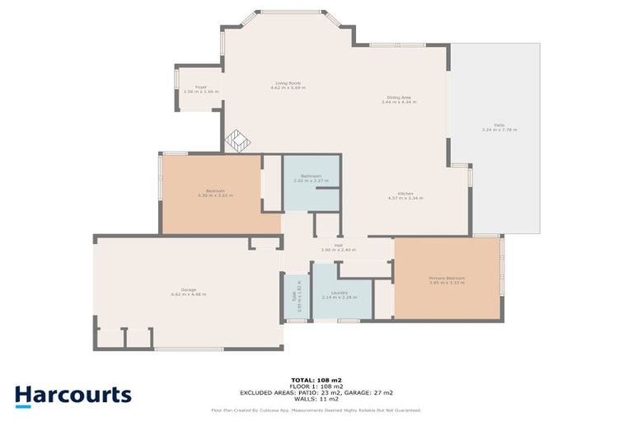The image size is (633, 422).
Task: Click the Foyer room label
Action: click(x=200, y=87)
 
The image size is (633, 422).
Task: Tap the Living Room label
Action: click(x=288, y=83)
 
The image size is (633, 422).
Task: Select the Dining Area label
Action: click(x=399, y=97)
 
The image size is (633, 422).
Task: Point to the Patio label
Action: click(x=499, y=124)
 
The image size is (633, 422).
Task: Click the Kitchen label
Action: click(x=404, y=195)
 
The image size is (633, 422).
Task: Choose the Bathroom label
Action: click(x=311, y=176)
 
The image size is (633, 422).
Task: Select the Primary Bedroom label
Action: click(x=447, y=279)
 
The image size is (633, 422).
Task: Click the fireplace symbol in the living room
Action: click(x=238, y=141)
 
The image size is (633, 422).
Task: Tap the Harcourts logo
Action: click(x=73, y=394)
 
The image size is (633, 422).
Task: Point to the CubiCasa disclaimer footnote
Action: click(x=316, y=410)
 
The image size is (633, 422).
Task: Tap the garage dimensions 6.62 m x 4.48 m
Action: click(x=188, y=294)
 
